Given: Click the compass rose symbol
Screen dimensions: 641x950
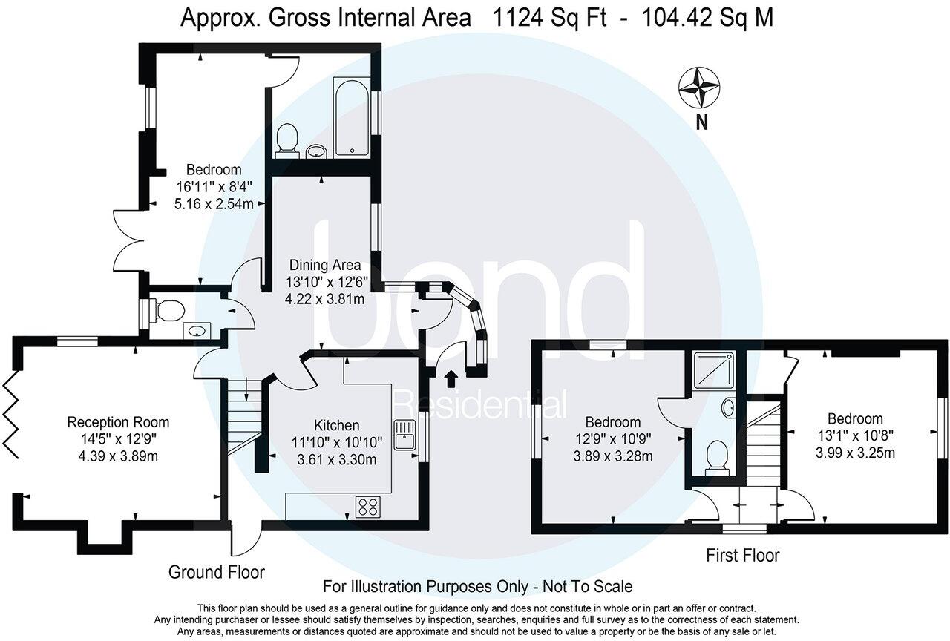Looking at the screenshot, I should pyautogui.click(x=699, y=86).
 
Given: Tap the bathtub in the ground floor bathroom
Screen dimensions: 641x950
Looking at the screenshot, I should pyautogui.click(x=351, y=119).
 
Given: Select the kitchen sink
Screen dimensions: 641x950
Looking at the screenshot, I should pyautogui.click(x=404, y=435).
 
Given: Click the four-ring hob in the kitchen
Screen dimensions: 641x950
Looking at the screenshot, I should pyautogui.click(x=367, y=506).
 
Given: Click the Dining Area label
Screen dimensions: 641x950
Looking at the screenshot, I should pyautogui.click(x=325, y=265).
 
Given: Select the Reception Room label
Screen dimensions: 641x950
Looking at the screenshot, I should pyautogui.click(x=118, y=422).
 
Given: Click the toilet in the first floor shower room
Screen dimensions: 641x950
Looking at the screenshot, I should pyautogui.click(x=717, y=456).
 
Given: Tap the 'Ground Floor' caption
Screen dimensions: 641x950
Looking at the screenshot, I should pyautogui.click(x=216, y=572).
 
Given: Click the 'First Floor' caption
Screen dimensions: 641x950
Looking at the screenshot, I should pyautogui.click(x=742, y=555).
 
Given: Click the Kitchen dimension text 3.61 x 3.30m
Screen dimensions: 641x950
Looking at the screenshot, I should pyautogui.click(x=337, y=459).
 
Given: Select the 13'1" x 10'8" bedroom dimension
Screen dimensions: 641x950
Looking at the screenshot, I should pyautogui.click(x=856, y=435).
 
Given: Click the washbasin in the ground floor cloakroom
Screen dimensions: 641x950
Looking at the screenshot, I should pyautogui.click(x=196, y=331).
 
